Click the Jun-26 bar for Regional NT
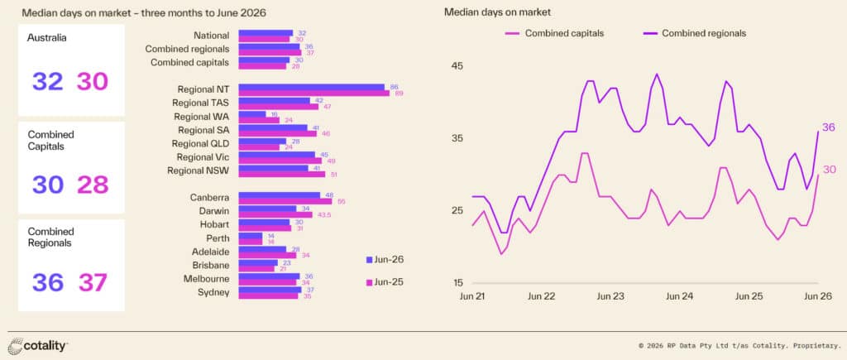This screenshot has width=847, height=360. point(311,87)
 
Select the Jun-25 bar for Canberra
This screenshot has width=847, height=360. point(285,201)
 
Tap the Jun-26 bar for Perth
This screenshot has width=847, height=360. point(250,236)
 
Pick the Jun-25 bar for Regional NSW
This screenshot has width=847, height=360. point(281,174)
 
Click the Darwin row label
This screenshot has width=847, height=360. point(214,211)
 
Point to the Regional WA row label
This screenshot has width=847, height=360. point(202,116)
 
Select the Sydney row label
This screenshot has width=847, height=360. point(214,292)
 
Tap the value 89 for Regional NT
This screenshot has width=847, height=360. point(400,94)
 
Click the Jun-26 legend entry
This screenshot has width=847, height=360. point(385,260)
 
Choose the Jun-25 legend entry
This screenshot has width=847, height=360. point(385,281)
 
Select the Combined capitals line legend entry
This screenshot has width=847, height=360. point(554,33)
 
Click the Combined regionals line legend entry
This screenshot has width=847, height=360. point(695,33)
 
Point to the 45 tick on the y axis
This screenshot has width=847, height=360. point(459,66)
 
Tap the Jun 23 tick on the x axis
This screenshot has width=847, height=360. point(611,296)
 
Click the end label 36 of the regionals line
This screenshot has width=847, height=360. point(829,127)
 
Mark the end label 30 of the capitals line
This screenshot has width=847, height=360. point(829,170)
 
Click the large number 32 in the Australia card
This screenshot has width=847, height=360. point(47,81)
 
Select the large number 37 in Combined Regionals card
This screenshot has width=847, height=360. point(93,283)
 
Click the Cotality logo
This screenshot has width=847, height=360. point(38,345)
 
